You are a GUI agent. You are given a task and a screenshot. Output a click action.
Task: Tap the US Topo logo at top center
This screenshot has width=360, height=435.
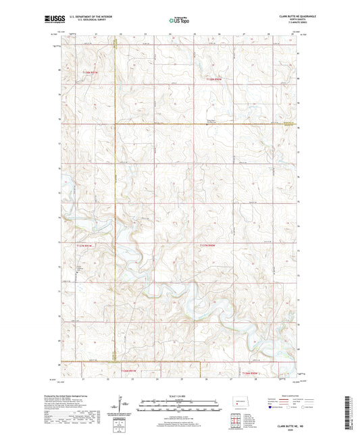179,21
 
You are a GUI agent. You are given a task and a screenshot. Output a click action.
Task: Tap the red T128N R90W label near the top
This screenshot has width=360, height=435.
212,78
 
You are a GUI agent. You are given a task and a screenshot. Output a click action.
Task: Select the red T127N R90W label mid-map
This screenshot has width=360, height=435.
209,245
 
